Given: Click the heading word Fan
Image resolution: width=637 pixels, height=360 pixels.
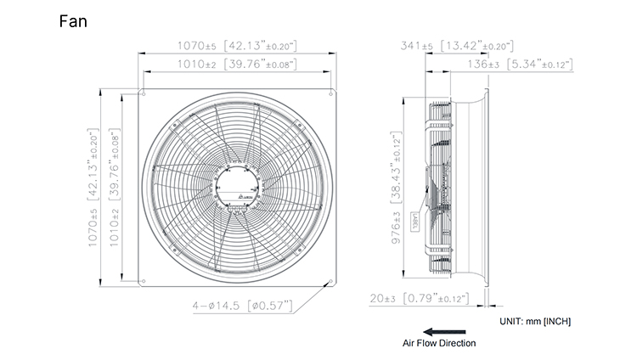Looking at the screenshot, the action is pyautogui.click(x=73, y=21).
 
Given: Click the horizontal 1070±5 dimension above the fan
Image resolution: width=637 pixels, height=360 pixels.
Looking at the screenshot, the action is pyautogui.click(x=237, y=46).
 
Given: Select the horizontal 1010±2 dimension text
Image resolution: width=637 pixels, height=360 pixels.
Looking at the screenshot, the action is pyautogui.click(x=237, y=65).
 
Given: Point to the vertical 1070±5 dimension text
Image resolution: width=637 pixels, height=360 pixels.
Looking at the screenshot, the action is pyautogui.click(x=93, y=188).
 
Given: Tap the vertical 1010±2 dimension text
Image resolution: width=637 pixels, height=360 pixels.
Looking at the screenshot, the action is pyautogui.click(x=115, y=188).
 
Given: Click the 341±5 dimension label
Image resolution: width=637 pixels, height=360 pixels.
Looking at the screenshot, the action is pyautogui.click(x=457, y=46).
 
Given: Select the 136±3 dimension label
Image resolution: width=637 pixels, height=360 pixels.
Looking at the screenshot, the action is pyautogui.click(x=520, y=65).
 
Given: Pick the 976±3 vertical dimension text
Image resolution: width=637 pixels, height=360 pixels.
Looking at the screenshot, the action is pyautogui.click(x=396, y=188).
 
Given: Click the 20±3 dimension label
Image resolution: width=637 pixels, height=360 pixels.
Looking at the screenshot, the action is pyautogui.click(x=420, y=299).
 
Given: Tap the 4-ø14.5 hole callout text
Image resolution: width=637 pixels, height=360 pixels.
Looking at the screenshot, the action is pyautogui.click(x=243, y=306).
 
